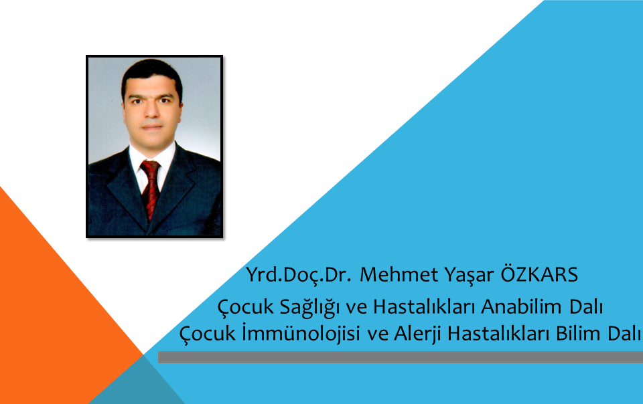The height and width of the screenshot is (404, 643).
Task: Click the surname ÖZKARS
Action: click(539, 274)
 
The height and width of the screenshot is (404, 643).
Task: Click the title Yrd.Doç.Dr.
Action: click(299, 276)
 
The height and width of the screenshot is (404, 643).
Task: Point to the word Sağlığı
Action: click(309, 308)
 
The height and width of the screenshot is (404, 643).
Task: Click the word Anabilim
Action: click(521, 306)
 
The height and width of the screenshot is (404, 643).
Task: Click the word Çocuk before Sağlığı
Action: click(245, 308)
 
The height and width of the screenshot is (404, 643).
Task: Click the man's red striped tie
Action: click(151, 188)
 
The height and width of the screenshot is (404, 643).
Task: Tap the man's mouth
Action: click(152, 127)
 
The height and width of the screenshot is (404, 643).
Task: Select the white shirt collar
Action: click(152, 162)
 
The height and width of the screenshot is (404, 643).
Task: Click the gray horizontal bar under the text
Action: click(401, 357)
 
